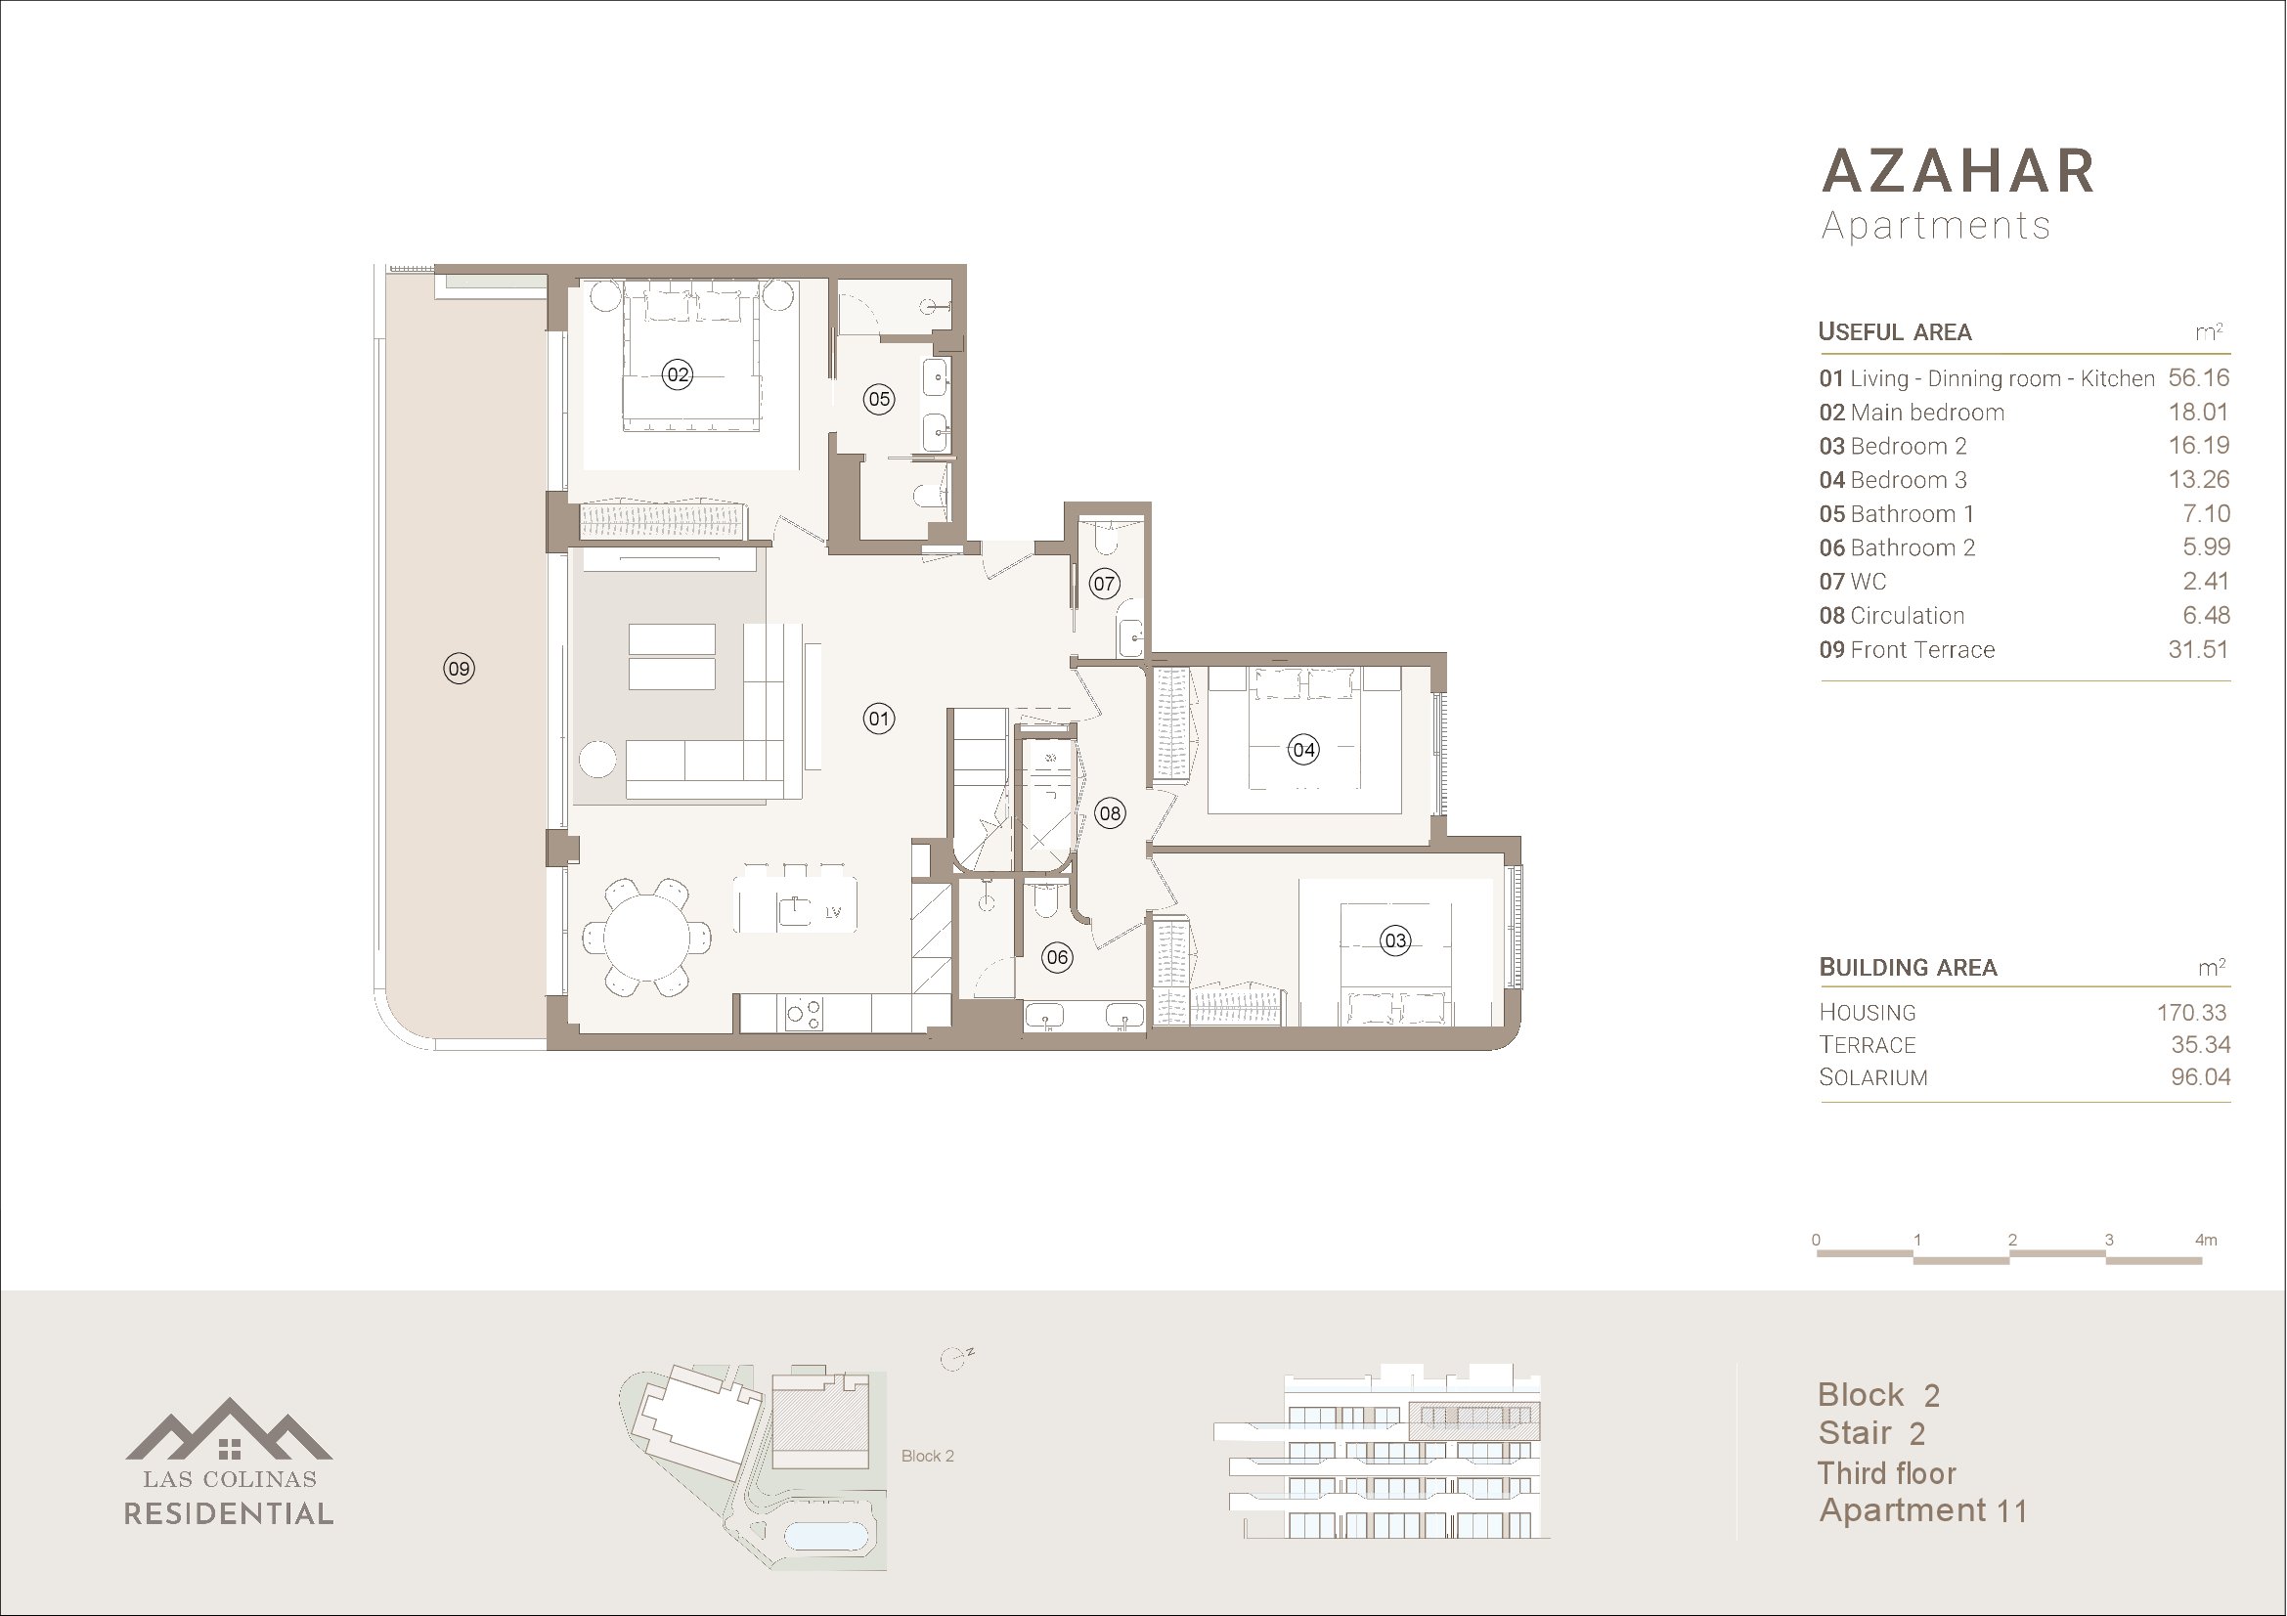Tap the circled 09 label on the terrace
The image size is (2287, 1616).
coord(459,668)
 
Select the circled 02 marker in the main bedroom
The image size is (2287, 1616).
coord(678,374)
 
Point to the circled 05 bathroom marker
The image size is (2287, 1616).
coord(879,399)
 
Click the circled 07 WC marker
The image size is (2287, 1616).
coord(1104,584)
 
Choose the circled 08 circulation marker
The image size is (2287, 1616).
coord(1110,813)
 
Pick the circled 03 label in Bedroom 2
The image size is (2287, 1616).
coord(1394,939)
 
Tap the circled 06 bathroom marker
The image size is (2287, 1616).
coord(1056,958)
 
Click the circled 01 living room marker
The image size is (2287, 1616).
coord(879,718)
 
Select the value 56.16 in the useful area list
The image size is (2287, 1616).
coord(2198,378)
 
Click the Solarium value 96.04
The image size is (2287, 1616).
coord(2200,1077)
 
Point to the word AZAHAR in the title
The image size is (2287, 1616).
coord(1958,171)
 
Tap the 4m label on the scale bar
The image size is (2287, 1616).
coord(2206,1240)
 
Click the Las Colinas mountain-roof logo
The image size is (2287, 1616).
coord(229,1429)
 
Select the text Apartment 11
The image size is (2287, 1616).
coord(1923,1511)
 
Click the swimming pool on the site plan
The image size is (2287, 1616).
coord(827,1534)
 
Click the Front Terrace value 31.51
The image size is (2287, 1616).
coord(2198,649)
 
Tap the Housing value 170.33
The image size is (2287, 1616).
coord(2191,1013)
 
